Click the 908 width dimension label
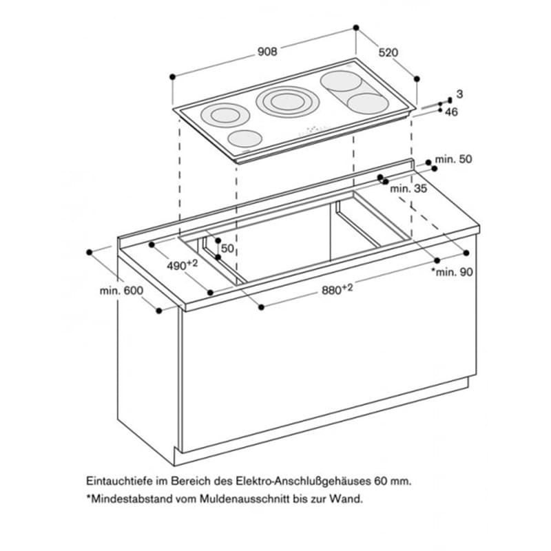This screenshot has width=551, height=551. click(x=267, y=52)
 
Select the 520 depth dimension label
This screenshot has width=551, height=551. click(x=388, y=52)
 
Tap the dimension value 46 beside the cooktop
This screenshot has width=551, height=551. click(x=451, y=112)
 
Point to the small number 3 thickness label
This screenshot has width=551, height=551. click(x=459, y=94)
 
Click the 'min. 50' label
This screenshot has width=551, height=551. click(x=453, y=159)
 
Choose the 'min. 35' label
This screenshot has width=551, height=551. click(x=408, y=189)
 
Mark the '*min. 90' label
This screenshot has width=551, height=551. click(x=452, y=271)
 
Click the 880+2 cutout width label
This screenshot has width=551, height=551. click(x=337, y=289)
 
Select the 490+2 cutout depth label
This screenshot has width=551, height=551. click(x=182, y=265)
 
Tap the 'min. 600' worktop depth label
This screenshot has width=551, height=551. click(x=121, y=291)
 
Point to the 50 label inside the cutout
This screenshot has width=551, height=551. click(x=227, y=249)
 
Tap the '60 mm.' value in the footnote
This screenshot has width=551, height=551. click(x=393, y=480)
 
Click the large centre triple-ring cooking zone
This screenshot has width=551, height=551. click(x=287, y=102)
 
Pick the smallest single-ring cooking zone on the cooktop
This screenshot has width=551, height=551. click(x=245, y=138)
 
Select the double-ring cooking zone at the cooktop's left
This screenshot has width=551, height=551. click(x=225, y=115)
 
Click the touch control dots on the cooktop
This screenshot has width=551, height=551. click(x=315, y=130)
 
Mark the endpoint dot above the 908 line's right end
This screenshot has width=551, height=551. click(x=356, y=28)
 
